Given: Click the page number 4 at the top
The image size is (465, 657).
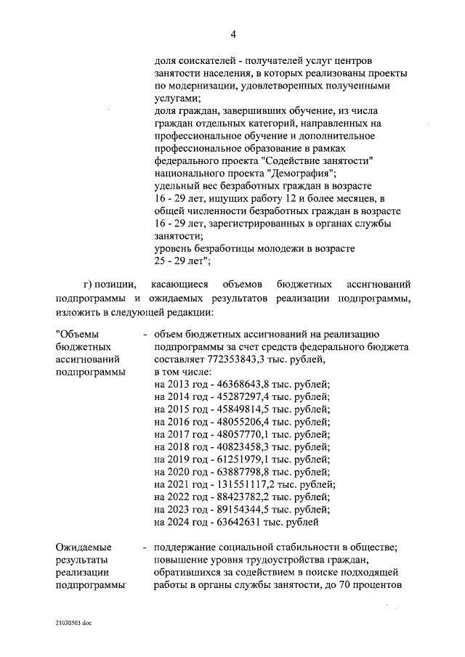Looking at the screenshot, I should [233, 34].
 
